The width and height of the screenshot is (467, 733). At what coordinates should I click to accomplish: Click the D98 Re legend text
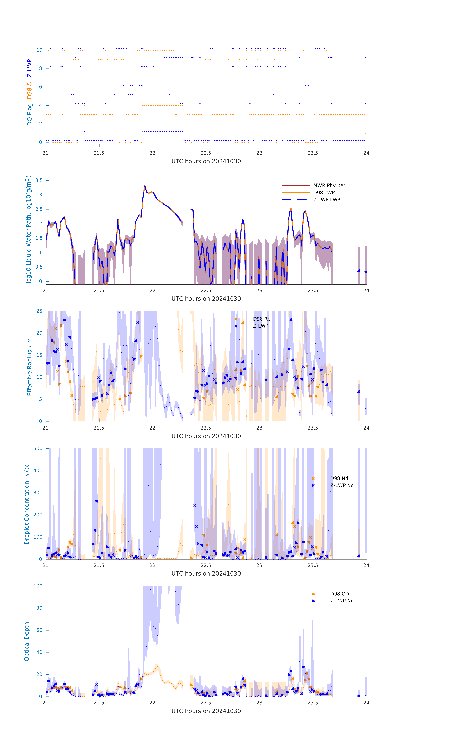[x=262, y=319]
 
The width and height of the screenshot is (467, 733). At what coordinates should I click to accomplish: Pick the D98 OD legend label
[x=340, y=594]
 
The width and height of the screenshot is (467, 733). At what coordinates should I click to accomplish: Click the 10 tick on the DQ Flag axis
[x=39, y=50]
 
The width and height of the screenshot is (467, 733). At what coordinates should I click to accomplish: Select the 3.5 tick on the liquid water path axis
[x=39, y=181]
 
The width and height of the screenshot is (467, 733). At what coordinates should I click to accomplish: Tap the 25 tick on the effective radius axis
[x=39, y=311]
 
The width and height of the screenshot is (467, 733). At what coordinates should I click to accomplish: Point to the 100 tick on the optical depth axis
[x=38, y=586]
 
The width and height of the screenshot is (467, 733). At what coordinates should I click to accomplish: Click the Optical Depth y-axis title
[x=27, y=642]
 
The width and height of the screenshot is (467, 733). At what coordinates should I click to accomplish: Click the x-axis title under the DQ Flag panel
[x=206, y=161]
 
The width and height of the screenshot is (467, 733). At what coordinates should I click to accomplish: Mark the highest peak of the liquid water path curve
[x=145, y=186]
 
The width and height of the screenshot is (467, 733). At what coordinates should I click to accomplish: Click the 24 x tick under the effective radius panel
[x=366, y=428]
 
